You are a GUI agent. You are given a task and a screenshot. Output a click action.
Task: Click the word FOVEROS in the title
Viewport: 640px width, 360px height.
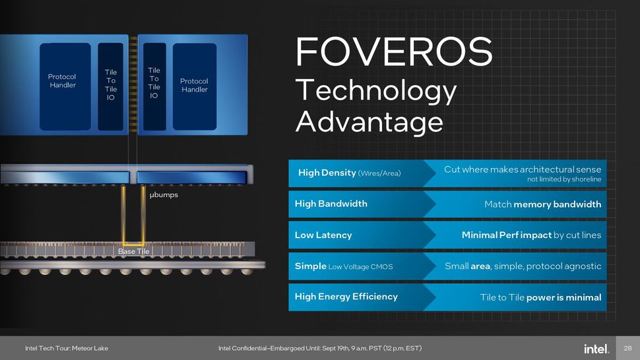(x=394, y=51)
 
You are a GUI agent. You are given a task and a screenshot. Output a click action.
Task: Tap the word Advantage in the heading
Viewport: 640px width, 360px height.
(x=369, y=122)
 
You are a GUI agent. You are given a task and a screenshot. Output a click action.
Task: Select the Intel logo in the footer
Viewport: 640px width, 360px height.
(x=596, y=347)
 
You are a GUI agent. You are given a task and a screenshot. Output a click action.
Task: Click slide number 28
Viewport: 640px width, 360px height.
(x=628, y=347)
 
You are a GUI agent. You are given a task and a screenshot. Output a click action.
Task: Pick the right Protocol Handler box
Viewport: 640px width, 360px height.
(x=194, y=85)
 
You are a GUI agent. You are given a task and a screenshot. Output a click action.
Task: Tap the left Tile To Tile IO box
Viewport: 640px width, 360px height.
(x=111, y=84)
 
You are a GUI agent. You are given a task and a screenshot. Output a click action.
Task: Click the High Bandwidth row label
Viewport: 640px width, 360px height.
(x=331, y=204)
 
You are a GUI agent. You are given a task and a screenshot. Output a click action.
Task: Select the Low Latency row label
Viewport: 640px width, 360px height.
(x=323, y=235)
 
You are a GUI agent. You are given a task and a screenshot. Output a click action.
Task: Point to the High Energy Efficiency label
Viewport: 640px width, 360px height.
(x=346, y=297)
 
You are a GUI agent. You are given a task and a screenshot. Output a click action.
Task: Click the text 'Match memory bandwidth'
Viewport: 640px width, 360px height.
(x=542, y=204)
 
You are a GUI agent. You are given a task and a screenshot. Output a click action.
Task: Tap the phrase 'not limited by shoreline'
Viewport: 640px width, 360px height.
(x=563, y=179)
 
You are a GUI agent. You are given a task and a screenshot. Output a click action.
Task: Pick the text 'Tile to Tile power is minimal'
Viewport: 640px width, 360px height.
(x=540, y=297)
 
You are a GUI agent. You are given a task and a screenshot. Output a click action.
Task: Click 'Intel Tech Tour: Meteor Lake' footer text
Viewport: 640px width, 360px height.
(x=67, y=348)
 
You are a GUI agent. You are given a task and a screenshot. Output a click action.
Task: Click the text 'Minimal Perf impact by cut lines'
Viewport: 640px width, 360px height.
(x=531, y=235)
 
